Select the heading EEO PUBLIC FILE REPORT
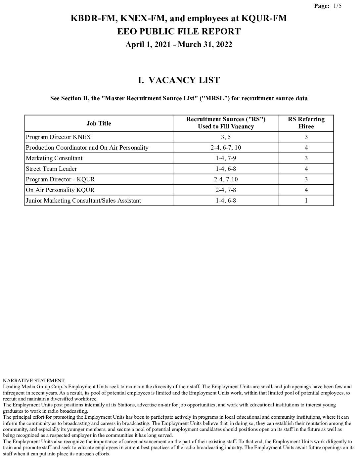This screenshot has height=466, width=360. pyautogui.click(x=179, y=32)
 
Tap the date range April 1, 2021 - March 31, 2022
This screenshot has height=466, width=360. pyautogui.click(x=179, y=45)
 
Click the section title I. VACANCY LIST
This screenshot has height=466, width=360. pyautogui.click(x=179, y=80)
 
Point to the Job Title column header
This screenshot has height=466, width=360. pyautogui.click(x=99, y=123)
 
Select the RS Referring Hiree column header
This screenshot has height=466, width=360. pyautogui.click(x=306, y=123)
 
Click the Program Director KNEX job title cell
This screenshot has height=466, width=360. pyautogui.click(x=58, y=137)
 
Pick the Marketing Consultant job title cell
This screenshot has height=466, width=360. pyautogui.click(x=54, y=158)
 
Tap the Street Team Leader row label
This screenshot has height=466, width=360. pyautogui.click(x=51, y=169)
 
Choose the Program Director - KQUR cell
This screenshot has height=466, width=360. pyautogui.click(x=60, y=179)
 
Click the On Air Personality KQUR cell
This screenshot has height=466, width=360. pyautogui.click(x=60, y=190)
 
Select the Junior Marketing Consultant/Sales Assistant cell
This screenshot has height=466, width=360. pyautogui.click(x=83, y=201)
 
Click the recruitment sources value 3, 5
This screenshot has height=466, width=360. pyautogui.click(x=226, y=137)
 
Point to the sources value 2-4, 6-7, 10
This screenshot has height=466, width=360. pyautogui.click(x=226, y=148)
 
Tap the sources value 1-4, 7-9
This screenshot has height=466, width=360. pyautogui.click(x=226, y=158)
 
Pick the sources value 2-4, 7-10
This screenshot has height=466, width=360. pyautogui.click(x=226, y=179)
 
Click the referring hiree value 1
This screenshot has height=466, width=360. pyautogui.click(x=306, y=201)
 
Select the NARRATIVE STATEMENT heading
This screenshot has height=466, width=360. pyautogui.click(x=34, y=381)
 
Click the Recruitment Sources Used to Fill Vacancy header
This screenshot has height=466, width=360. pyautogui.click(x=226, y=123)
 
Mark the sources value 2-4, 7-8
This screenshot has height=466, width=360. pyautogui.click(x=226, y=190)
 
